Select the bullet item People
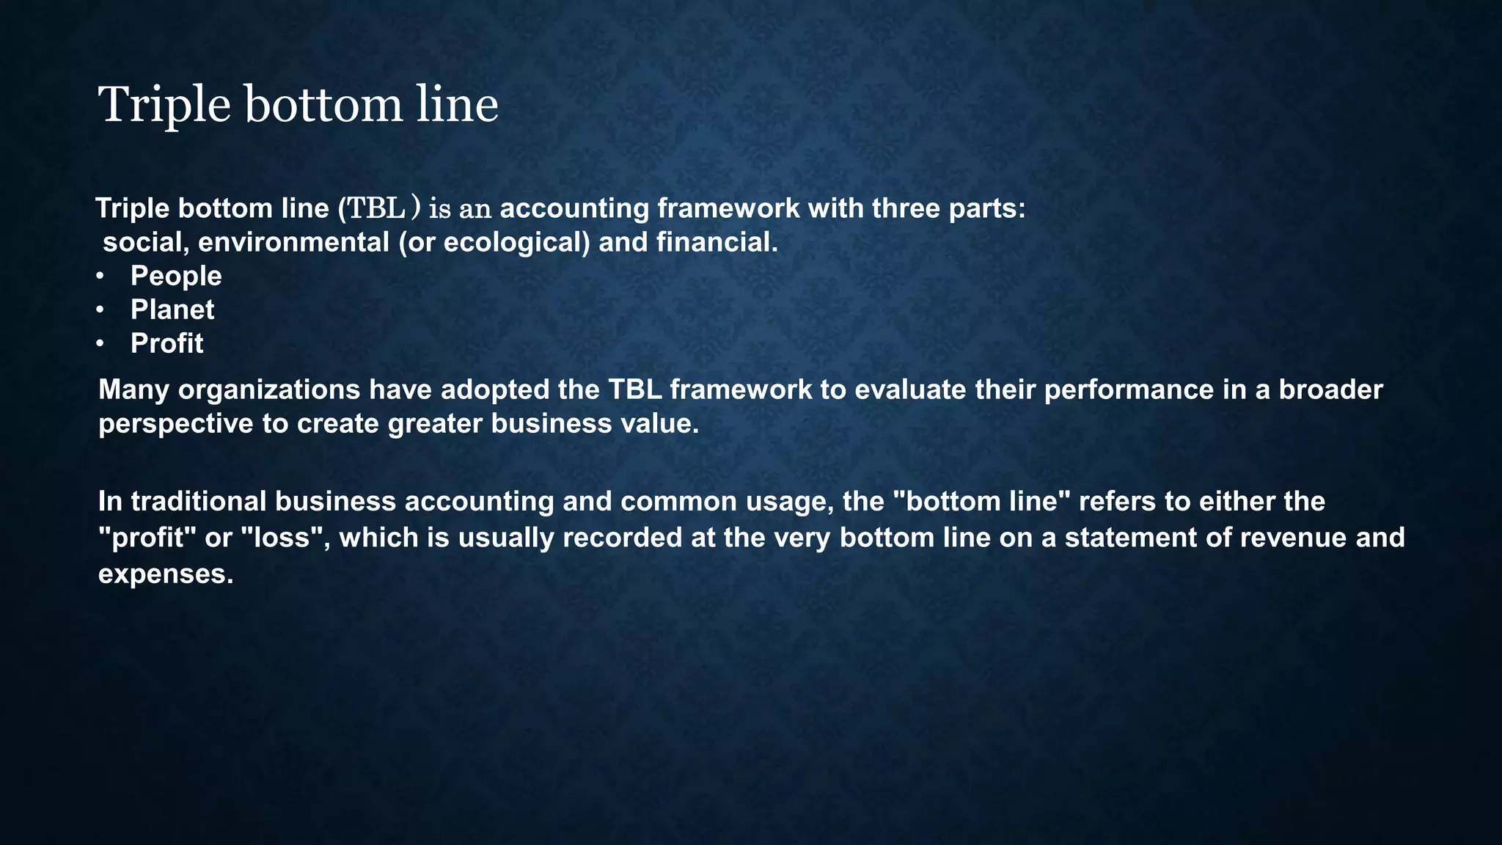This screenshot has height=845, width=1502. [x=176, y=276]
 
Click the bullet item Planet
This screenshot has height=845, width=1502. [x=172, y=310]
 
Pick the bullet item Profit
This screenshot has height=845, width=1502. [x=166, y=343]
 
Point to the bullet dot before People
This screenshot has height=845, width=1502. [x=100, y=277]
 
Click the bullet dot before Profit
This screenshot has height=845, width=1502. [x=100, y=344]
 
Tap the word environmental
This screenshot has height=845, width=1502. [x=293, y=242]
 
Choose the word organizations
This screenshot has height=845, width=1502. [x=268, y=389]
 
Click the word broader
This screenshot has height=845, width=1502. [x=1330, y=389]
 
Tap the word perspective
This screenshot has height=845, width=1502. [x=175, y=424]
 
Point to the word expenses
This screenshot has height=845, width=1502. [x=164, y=574]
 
